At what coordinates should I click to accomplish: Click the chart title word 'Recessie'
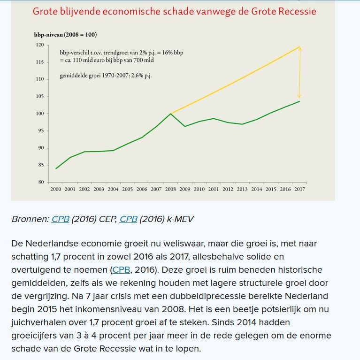pos(294,11)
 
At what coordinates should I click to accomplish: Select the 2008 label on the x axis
pos(171,189)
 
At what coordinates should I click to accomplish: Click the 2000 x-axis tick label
pos(56,189)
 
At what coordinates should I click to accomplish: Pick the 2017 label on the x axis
pos(299,189)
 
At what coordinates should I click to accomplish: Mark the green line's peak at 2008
pos(171,114)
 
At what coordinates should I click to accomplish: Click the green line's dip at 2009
pos(185,126)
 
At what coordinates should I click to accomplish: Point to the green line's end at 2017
pos(299,101)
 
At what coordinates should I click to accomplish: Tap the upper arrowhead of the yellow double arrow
pos(299,48)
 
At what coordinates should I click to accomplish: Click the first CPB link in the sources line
pos(60,219)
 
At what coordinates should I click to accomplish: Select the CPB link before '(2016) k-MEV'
pos(129,219)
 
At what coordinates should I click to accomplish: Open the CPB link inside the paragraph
pos(122,270)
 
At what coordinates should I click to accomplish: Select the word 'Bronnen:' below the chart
pos(30,219)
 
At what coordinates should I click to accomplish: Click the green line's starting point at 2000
pos(56,169)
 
